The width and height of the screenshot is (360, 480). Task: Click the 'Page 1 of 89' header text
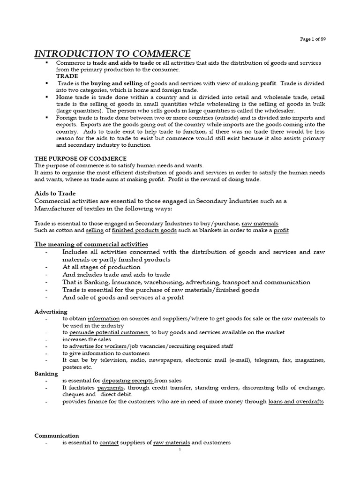click(x=313, y=39)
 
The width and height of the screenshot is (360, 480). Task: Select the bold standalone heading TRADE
click(x=67, y=76)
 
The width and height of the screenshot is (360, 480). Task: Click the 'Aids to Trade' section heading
click(x=55, y=193)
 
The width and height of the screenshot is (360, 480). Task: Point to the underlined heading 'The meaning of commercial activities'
click(x=91, y=244)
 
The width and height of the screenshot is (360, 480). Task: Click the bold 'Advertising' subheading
click(x=51, y=312)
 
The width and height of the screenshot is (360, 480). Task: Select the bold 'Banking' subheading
click(x=46, y=374)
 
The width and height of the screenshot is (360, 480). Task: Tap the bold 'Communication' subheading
click(x=57, y=435)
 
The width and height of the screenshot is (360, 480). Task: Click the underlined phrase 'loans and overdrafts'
click(x=296, y=402)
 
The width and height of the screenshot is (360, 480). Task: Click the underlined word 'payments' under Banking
click(x=111, y=388)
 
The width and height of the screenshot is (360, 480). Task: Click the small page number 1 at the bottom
click(x=180, y=450)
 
